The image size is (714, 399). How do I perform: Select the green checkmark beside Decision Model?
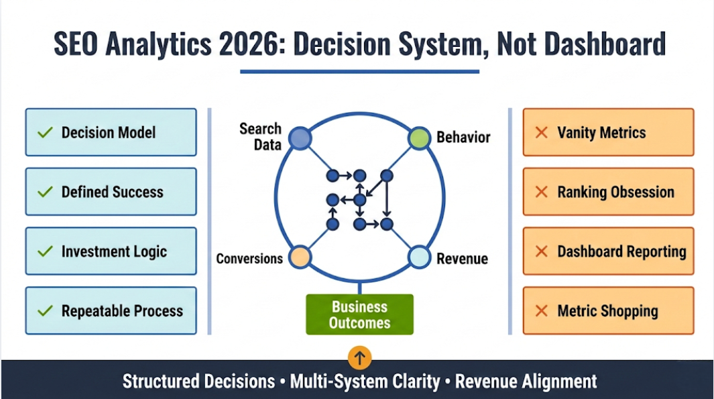pos(45,132)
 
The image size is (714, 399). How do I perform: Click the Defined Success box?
pos(111,192)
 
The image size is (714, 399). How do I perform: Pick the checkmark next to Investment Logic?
pos(45,251)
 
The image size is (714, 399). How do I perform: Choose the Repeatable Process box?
pos(111,310)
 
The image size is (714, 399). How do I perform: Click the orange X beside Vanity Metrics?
pos(542,132)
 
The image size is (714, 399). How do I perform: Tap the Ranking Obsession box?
pos(608,192)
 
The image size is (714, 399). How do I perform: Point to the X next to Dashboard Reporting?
pos(542,251)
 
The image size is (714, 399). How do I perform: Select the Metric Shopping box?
pos(608,310)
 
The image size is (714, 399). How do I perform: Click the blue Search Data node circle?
pos(300,138)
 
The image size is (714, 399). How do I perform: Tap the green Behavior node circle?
pos(419,138)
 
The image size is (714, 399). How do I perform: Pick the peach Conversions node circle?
pos(300,257)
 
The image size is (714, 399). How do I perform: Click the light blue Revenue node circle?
pos(419,257)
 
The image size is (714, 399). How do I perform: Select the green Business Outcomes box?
pos(359,315)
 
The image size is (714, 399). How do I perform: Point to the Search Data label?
pos(261,136)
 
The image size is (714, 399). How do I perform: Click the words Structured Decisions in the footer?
pos(198,382)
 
